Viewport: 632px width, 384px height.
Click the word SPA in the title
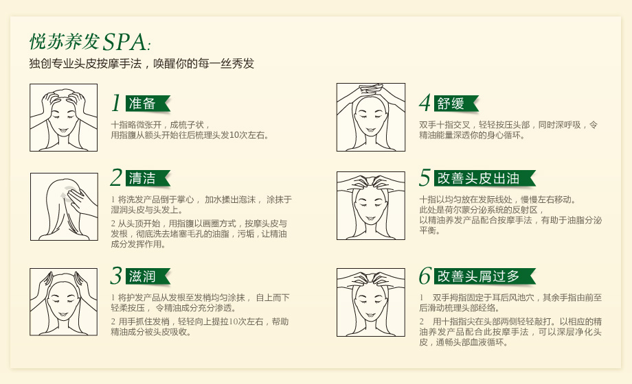coord(125,42)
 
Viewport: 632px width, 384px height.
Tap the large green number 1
coord(116,103)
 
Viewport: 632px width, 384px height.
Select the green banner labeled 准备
coord(148,104)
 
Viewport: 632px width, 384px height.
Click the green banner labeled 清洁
coord(148,178)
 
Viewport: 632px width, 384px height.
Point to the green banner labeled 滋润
coord(148,276)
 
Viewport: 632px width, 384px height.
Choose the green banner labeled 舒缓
coord(456,104)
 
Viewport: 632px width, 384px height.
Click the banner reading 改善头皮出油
coord(484,178)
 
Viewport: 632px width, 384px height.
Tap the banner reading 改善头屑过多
coord(484,276)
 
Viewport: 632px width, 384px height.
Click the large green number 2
coord(116,178)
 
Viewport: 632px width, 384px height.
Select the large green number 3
coord(116,276)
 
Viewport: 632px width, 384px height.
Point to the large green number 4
coord(425,103)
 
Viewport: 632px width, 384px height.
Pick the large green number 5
coord(425,178)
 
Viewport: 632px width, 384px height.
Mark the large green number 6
coord(425,276)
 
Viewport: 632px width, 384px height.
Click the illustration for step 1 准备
coord(63,117)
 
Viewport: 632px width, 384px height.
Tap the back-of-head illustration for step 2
coord(64,207)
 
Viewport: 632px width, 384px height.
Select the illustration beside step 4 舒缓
coord(371,117)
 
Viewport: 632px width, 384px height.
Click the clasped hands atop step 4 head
coord(371,89)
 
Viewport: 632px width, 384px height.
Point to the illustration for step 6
coord(371,302)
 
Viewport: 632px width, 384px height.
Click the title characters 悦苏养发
coord(65,41)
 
